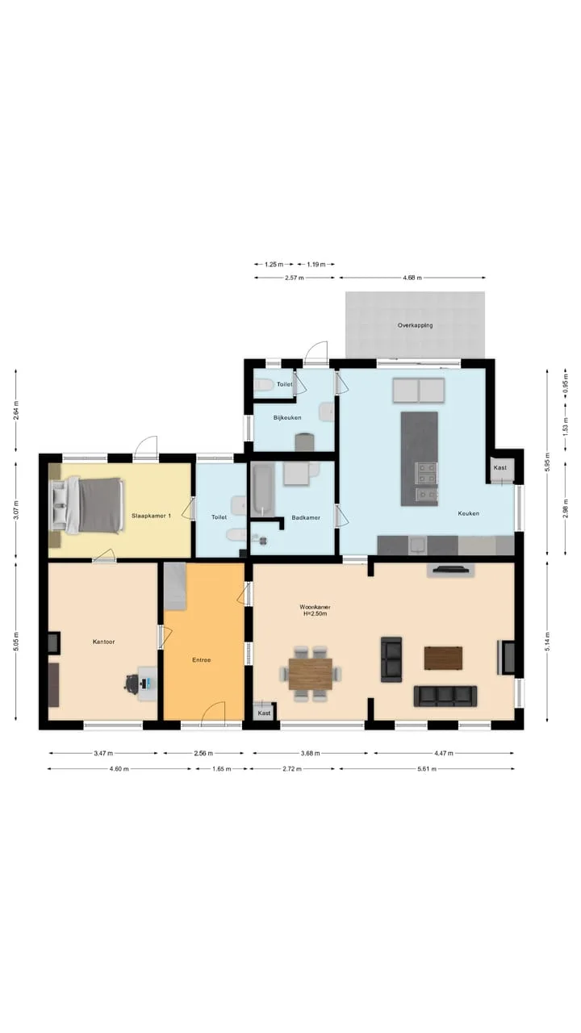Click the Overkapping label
point(415,325)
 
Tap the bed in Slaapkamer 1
point(88,505)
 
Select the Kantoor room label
point(104,642)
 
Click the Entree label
point(202,660)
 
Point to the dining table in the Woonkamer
point(311,674)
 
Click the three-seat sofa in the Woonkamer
point(445,696)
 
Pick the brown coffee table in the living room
point(443,658)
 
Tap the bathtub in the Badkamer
point(263,490)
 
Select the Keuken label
point(469,513)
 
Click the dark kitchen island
point(419,459)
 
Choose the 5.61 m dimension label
point(427,769)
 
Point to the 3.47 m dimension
point(103,753)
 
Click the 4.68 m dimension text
point(412,278)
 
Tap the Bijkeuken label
point(287,418)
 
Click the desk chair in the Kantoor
point(132,684)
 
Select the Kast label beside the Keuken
point(500,467)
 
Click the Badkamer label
point(306,517)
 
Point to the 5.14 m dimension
point(547,642)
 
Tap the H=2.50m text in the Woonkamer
point(315,614)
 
